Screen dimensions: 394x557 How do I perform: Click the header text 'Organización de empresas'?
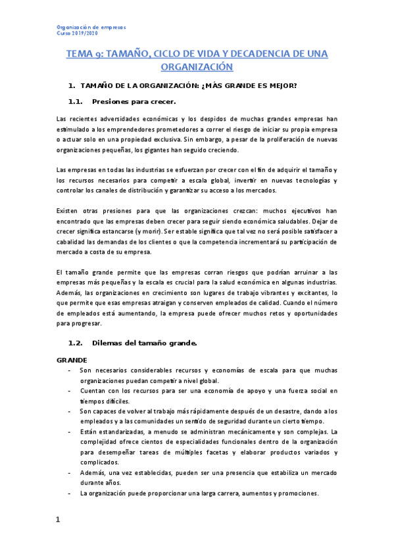point(89,27)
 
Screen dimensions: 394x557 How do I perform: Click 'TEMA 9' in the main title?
point(84,53)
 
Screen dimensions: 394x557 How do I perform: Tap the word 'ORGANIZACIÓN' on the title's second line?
point(197,66)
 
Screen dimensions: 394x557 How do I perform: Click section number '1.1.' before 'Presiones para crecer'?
point(76,102)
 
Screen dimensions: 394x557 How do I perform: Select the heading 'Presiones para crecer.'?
point(134,102)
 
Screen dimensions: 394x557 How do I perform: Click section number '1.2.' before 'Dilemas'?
point(76,343)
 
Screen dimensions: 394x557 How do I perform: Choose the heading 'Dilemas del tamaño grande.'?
point(145,343)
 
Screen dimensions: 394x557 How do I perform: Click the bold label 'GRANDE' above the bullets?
point(72,360)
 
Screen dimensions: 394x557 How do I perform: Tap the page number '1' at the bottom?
point(58,520)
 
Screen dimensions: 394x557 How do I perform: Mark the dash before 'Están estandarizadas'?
point(70,432)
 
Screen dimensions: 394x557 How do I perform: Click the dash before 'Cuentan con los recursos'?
point(70,391)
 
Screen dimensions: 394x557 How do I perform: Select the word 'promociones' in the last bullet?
point(295,493)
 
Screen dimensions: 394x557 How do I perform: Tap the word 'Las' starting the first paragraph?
point(62,119)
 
